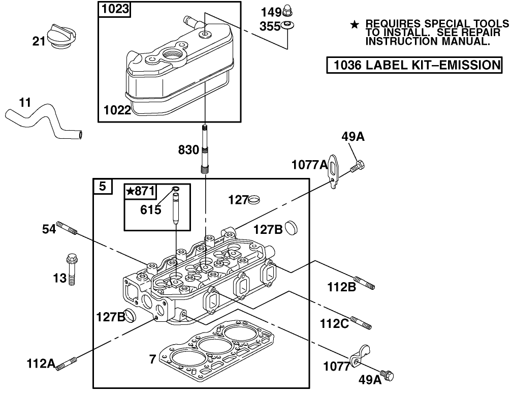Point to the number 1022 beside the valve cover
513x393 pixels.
[x=117, y=110]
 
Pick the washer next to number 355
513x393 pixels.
[x=288, y=25]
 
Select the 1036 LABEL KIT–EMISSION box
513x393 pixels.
[x=414, y=65]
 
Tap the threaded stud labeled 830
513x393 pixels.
[x=205, y=150]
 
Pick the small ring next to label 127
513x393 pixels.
[x=253, y=200]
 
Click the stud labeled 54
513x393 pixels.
[x=68, y=228]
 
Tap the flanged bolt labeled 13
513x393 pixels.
[x=71, y=269]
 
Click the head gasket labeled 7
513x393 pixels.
[x=218, y=351]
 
